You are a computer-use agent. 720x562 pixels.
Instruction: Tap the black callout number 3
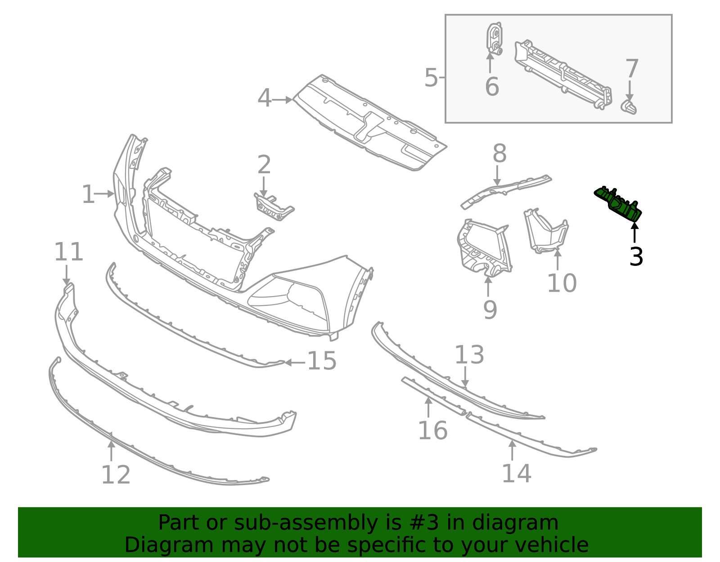tap(636, 257)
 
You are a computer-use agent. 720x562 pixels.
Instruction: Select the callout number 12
tap(116, 475)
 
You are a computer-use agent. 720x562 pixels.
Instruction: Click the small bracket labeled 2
tap(273, 207)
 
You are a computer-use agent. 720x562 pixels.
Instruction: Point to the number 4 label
tap(265, 98)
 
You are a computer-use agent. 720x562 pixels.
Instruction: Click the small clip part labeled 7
tap(629, 108)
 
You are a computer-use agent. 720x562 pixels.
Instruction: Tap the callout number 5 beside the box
tap(431, 78)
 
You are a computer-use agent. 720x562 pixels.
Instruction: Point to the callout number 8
tap(499, 154)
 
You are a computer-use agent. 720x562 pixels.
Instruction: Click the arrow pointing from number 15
tap(294, 362)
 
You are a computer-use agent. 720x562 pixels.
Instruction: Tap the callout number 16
tap(432, 431)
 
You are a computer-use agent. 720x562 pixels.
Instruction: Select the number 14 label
tap(516, 474)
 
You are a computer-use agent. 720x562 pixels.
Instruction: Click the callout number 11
tap(68, 252)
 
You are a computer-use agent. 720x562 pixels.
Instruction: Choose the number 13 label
tap(469, 355)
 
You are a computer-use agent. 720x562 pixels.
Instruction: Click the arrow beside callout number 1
tap(104, 194)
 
